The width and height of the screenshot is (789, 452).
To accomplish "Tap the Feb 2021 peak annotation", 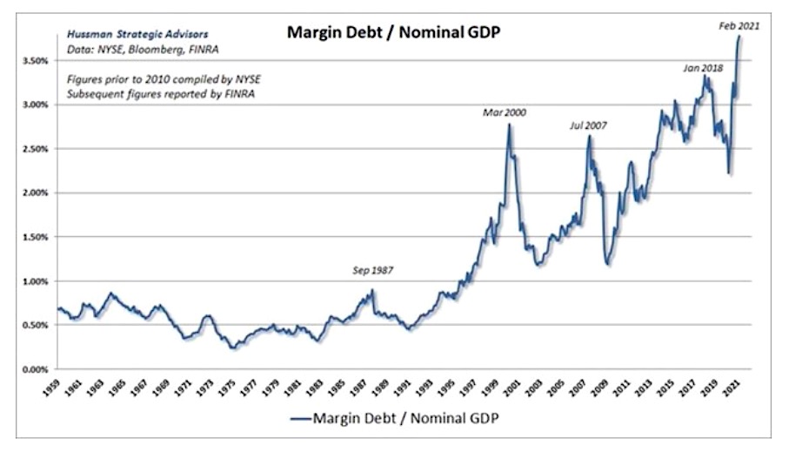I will pos(739,26).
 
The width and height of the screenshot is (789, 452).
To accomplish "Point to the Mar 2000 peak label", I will pos(505,113).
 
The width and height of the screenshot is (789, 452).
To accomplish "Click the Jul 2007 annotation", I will pos(587,125).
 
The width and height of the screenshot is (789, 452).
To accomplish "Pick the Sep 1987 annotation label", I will pos(371,270).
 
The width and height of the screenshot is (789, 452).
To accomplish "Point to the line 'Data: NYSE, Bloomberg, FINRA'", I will pos(128,52).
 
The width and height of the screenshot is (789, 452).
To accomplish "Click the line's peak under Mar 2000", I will pos(509,125).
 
